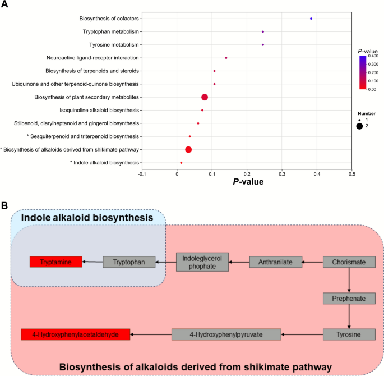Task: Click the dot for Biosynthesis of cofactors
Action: (311, 19)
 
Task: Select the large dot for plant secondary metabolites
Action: (205, 97)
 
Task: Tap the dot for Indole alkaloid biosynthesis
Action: (181, 163)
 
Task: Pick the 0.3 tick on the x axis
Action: (282, 174)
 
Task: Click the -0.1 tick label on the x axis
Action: (142, 174)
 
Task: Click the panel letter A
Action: (4, 4)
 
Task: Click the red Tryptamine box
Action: (56, 262)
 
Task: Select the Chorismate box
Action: (349, 262)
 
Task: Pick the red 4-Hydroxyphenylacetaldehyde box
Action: (76, 334)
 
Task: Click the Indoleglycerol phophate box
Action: (203, 262)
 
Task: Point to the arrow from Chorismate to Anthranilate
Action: (313, 262)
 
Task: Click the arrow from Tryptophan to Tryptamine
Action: (92, 262)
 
